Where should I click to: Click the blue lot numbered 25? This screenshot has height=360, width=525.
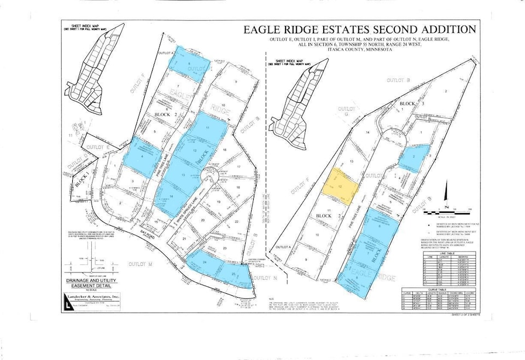coord(235,275)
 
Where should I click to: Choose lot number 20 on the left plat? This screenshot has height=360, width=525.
coord(203,220)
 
